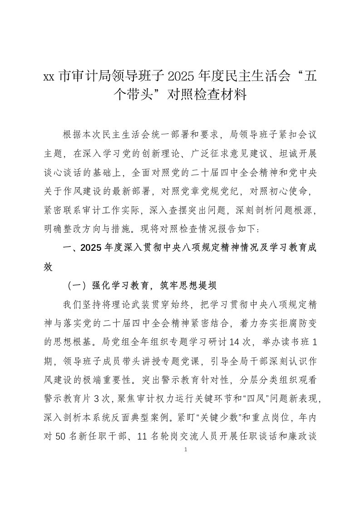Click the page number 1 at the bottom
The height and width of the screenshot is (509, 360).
180,450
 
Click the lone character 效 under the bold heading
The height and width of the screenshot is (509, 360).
49,266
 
